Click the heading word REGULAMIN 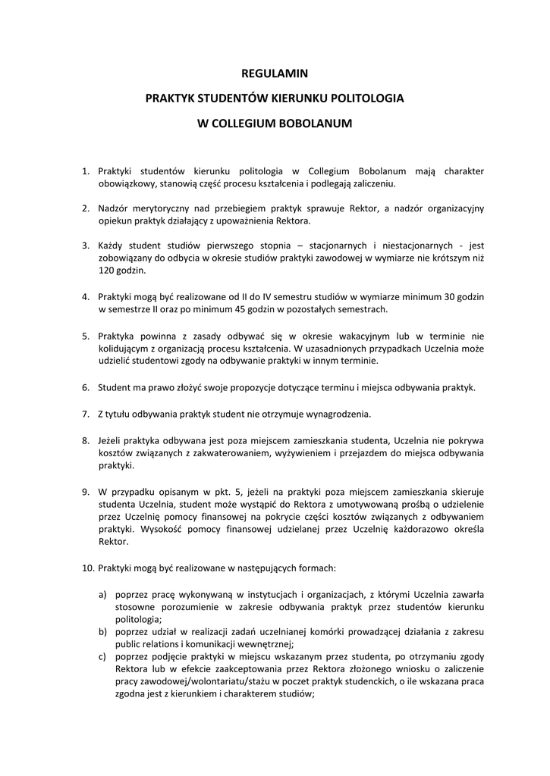[x=275, y=74]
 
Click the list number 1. [x=86, y=171]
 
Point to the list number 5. [x=86, y=336]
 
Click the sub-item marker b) [x=102, y=631]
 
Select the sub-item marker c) [x=102, y=656]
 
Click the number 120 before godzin [x=107, y=270]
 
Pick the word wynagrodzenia [x=335, y=414]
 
